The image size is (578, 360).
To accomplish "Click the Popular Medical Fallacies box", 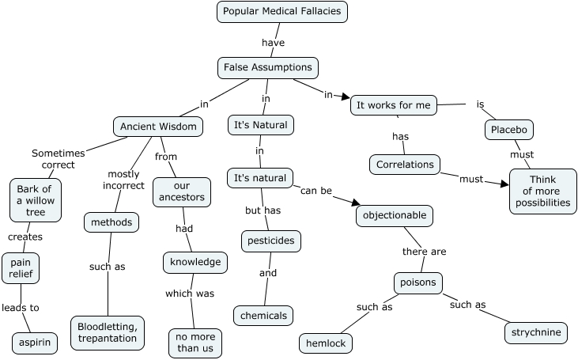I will [282, 11].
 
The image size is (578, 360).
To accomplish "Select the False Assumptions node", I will [267, 68].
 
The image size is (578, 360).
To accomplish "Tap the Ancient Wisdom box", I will [158, 126].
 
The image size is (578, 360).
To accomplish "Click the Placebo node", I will [509, 129].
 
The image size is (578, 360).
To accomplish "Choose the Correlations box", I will [404, 165].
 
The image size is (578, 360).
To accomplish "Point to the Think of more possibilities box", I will [543, 191].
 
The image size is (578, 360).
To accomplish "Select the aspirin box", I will [35, 343].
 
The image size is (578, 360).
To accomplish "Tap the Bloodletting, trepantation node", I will [108, 332].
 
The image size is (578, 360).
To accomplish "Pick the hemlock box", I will [326, 343].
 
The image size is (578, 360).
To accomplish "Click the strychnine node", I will [536, 332].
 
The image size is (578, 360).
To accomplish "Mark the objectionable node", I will [395, 214].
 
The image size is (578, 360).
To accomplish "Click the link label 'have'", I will [273, 43].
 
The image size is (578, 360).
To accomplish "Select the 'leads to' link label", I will [21, 308].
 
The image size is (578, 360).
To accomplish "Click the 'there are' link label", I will [425, 252].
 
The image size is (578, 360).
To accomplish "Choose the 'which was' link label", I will [190, 294].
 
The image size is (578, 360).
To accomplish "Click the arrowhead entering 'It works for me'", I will [346, 98].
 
